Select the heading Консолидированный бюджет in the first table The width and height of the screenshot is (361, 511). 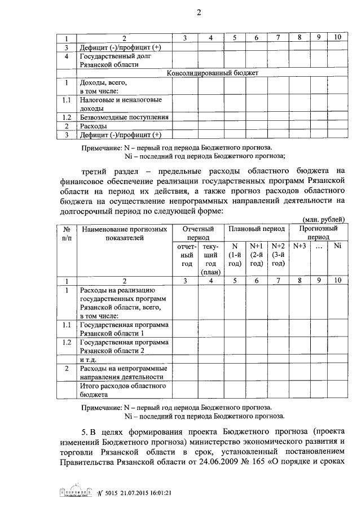[x=212, y=73]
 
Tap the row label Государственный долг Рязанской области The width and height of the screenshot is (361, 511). [x=113, y=60]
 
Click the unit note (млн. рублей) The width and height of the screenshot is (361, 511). [x=323, y=220]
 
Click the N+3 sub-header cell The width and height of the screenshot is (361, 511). [x=300, y=246]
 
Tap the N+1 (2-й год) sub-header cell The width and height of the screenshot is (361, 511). [x=257, y=255]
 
